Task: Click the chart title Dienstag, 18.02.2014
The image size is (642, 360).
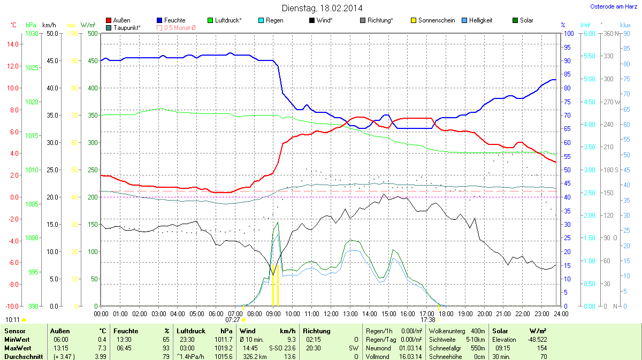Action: point(322,8)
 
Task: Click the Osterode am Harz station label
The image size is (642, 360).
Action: point(613,6)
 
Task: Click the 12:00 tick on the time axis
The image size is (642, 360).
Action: point(331,313)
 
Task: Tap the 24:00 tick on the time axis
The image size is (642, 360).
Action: point(560,313)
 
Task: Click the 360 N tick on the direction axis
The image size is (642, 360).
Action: point(609,33)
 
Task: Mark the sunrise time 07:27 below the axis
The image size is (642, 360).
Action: point(233,319)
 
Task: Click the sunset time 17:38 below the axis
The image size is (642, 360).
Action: point(428,319)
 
